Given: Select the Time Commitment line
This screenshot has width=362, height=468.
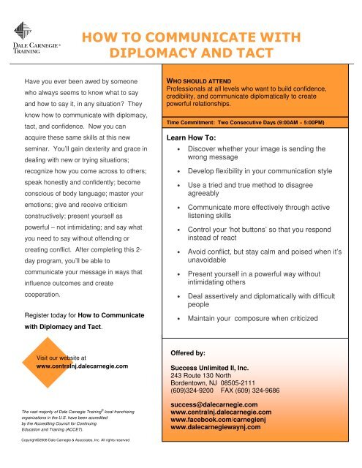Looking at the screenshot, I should (254, 123).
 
